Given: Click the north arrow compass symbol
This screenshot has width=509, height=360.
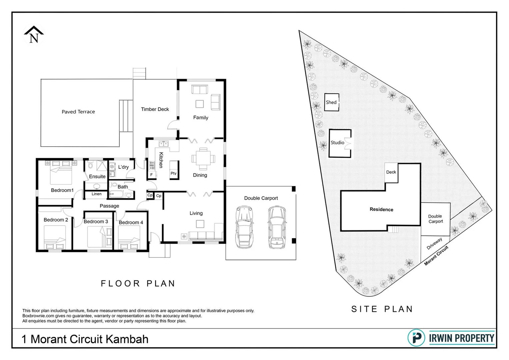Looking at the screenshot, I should [x=34, y=35].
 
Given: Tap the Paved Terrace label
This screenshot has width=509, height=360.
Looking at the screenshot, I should [x=78, y=112].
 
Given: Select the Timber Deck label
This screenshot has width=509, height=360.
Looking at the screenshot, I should [x=155, y=109].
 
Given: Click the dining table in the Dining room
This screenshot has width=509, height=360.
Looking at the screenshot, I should [x=203, y=159].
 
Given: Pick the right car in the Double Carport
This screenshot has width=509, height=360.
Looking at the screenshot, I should [x=277, y=227].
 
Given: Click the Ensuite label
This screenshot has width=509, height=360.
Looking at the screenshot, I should [x=97, y=176].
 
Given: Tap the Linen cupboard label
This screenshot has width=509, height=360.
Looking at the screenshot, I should [x=96, y=194].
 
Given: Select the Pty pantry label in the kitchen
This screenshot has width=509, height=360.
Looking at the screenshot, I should [x=173, y=173].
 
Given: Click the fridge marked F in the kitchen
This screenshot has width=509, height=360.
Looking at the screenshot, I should [x=151, y=175].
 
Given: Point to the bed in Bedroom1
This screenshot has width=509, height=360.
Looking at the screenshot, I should [x=61, y=173].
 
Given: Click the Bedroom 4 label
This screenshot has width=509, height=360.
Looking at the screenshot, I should [x=131, y=222].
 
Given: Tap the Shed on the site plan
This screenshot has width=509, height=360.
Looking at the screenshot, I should [x=331, y=102].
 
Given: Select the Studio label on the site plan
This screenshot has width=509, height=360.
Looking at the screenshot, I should [x=337, y=143].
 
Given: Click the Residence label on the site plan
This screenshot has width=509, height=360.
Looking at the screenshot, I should [x=381, y=209].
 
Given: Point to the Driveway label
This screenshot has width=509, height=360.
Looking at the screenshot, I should [x=434, y=244].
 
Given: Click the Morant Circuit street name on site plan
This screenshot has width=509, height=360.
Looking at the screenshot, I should [x=436, y=255].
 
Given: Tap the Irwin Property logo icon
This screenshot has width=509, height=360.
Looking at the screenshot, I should [x=416, y=338].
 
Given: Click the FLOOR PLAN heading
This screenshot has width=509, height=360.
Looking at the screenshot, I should [x=138, y=284].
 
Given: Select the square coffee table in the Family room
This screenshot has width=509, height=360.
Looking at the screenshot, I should [x=200, y=104].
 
